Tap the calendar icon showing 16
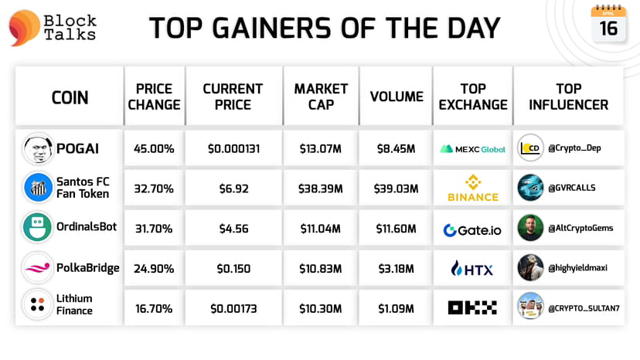coord(608,24)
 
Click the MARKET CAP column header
coord(321,97)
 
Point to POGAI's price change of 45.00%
coord(154,148)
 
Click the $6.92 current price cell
coord(233,188)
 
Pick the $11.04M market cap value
coord(320,229)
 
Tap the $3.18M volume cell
coord(397,268)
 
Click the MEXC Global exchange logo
coord(472,148)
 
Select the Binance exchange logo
coord(472,188)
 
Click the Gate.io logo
coord(472,229)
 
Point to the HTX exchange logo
coord(472,268)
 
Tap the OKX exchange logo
coord(472,307)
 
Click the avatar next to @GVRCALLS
coord(530,188)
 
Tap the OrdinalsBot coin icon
coord(38,229)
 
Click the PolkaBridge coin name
coord(87,268)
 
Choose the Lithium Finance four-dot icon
coord(38,304)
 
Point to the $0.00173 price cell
coord(233,308)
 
